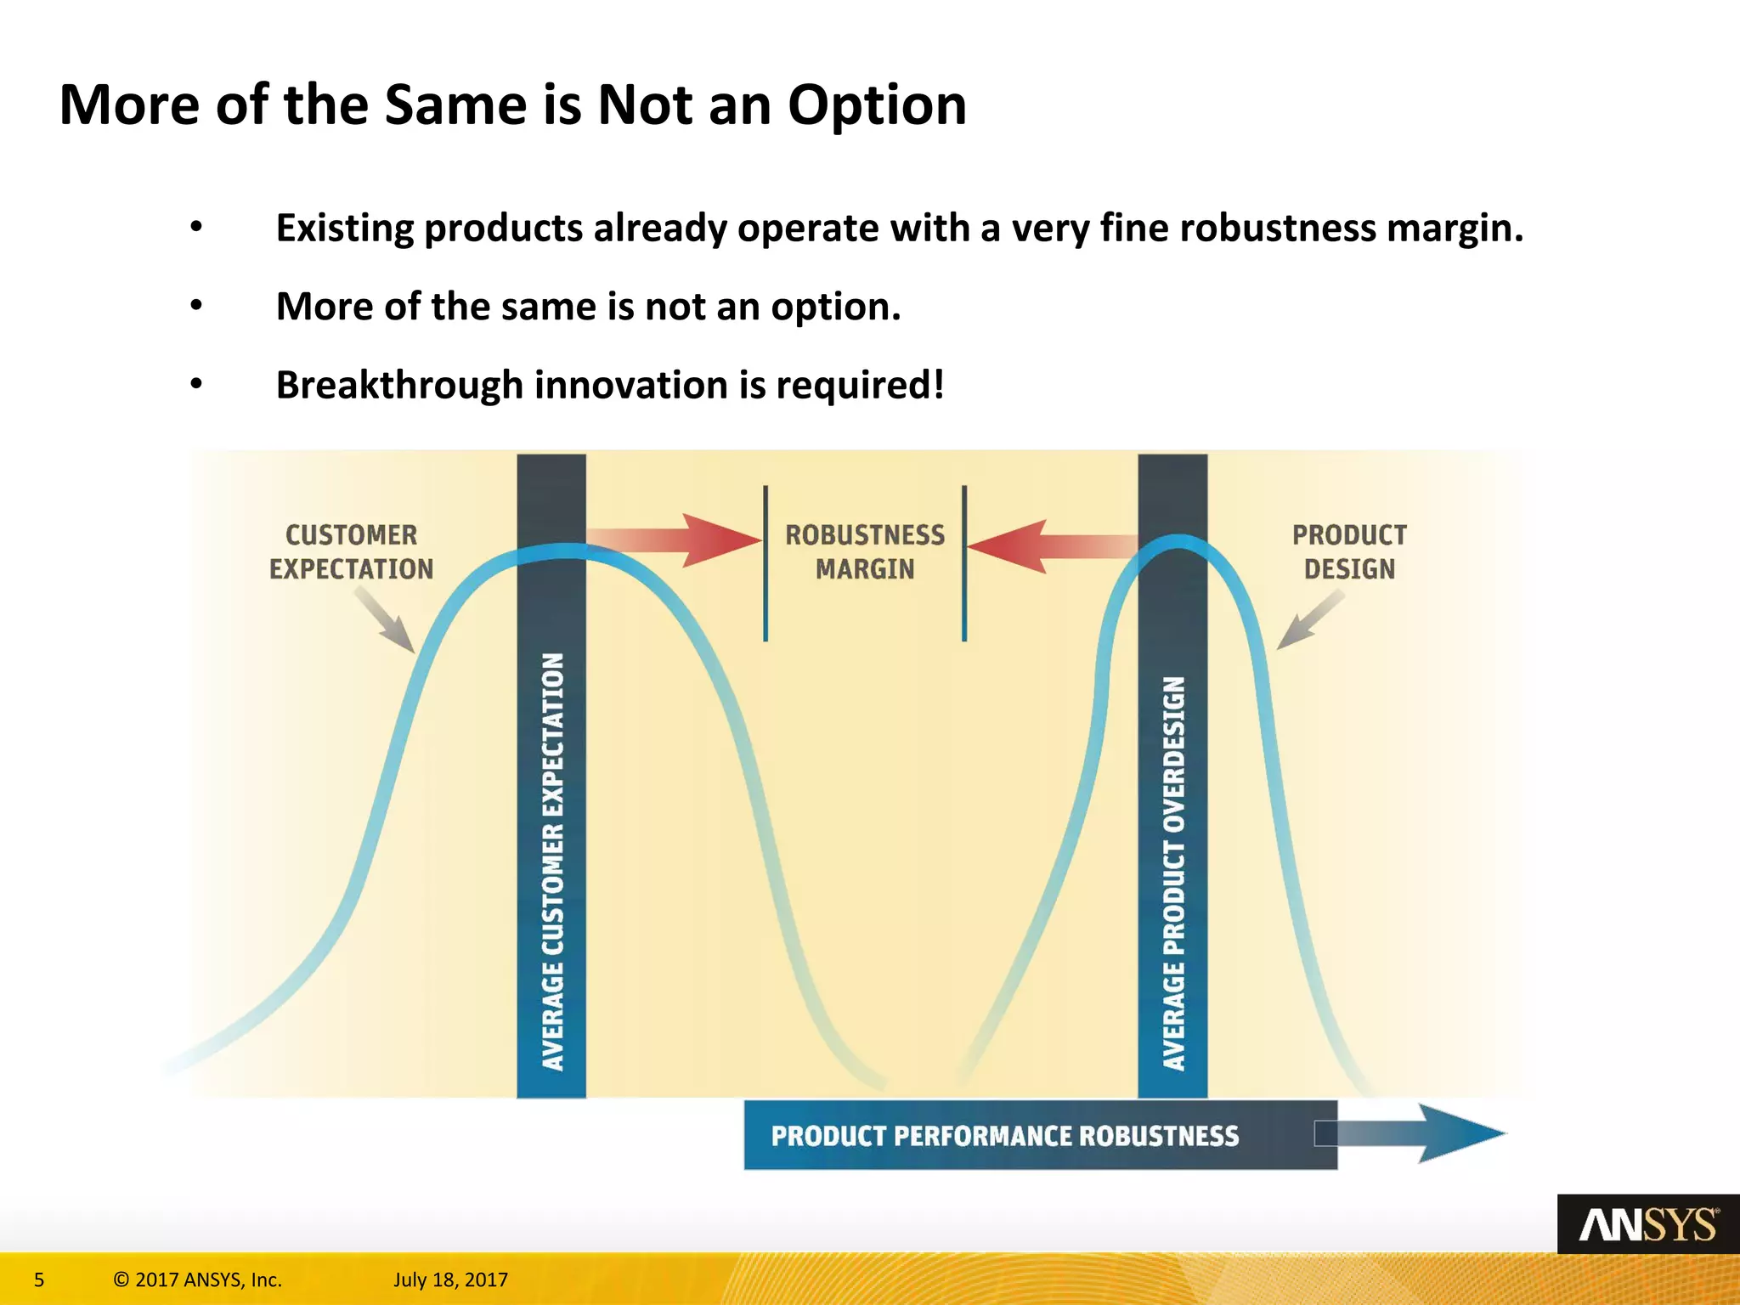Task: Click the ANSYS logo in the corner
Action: tap(1647, 1224)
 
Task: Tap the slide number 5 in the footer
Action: tap(39, 1280)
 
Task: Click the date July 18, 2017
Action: tap(450, 1280)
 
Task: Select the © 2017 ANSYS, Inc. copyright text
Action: tap(197, 1280)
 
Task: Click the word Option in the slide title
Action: tap(877, 105)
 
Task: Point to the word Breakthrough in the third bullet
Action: tap(398, 385)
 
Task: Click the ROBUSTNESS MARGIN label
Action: tap(865, 552)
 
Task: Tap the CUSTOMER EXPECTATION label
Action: tap(351, 552)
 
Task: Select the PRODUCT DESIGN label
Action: tap(1349, 552)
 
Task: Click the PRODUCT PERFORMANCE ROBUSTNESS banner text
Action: tap(1004, 1136)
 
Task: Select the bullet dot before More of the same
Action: tap(196, 306)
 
